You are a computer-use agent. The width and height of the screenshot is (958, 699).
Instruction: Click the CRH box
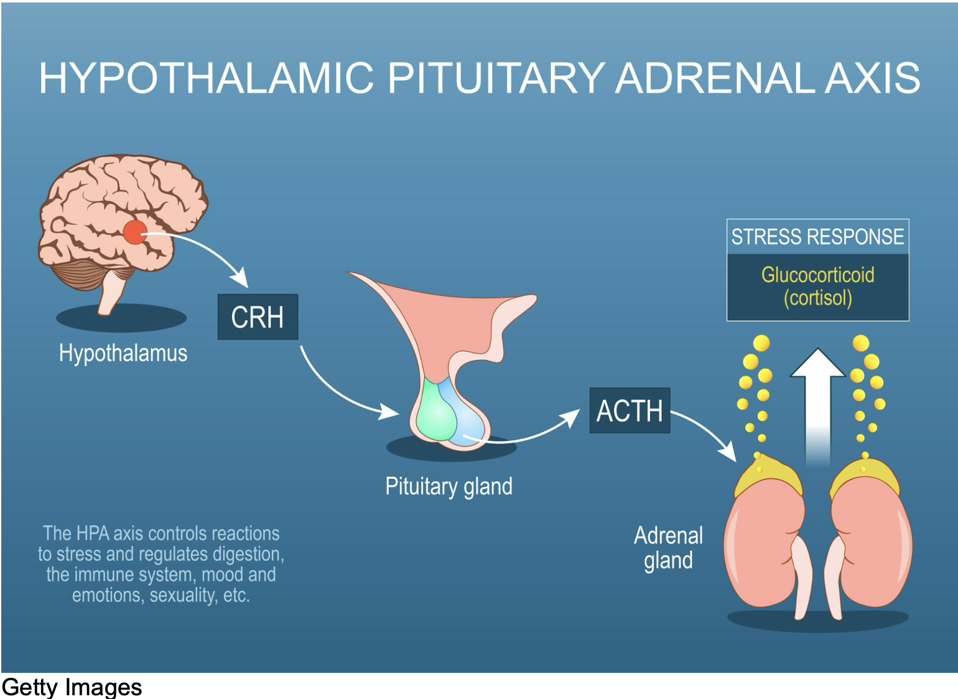(x=258, y=317)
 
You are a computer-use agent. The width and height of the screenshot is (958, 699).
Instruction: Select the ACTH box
(x=630, y=410)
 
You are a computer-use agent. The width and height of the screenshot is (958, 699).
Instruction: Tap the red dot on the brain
(x=135, y=232)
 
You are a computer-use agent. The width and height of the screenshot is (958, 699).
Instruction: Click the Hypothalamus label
(x=123, y=353)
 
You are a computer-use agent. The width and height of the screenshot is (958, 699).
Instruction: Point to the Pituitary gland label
(x=449, y=486)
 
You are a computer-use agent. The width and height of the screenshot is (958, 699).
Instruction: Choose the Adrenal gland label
(x=669, y=548)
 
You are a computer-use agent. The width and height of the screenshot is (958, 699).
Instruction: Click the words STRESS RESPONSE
(x=817, y=236)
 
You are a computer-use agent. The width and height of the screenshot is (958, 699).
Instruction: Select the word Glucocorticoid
(x=817, y=274)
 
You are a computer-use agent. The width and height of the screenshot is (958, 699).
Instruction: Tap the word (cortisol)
(x=817, y=298)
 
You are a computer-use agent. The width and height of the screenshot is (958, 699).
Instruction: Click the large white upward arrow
(x=817, y=406)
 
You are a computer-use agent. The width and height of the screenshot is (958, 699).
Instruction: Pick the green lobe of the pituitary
(x=435, y=411)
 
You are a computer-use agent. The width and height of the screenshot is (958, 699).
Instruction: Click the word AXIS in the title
(x=872, y=78)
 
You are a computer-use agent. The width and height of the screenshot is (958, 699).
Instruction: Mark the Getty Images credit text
(x=72, y=687)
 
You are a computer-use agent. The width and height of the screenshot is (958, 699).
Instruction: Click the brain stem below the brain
(x=112, y=293)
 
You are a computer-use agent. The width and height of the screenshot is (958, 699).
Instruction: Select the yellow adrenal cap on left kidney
(x=768, y=475)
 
